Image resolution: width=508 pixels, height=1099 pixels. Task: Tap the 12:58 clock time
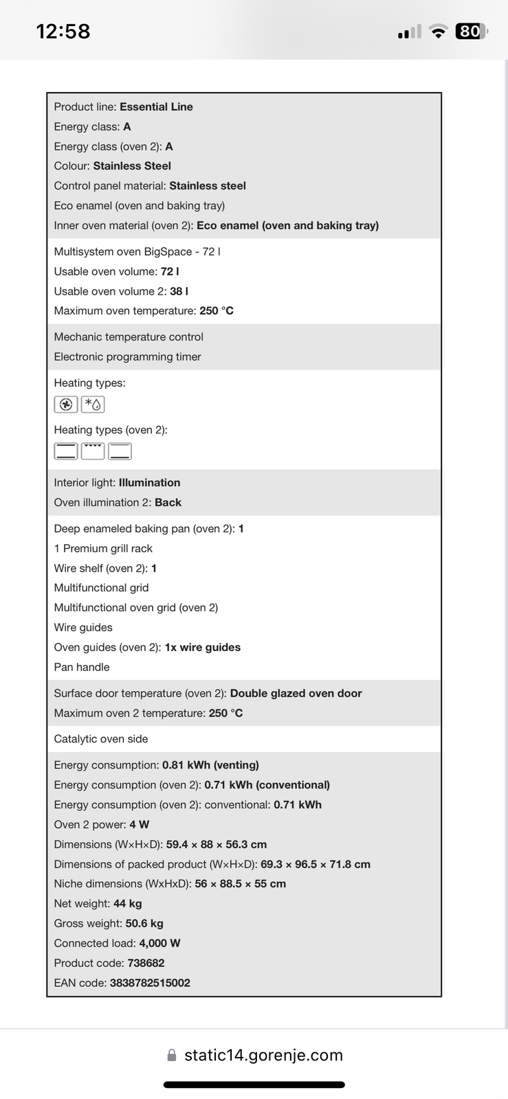pyautogui.click(x=63, y=31)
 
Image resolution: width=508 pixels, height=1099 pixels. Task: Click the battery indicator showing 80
pyautogui.click(x=471, y=31)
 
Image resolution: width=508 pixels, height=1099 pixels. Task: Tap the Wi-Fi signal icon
pyautogui.click(x=437, y=32)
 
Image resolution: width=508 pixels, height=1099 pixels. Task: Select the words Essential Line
pyautogui.click(x=156, y=106)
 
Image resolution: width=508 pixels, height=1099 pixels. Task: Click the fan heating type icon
pyautogui.click(x=65, y=405)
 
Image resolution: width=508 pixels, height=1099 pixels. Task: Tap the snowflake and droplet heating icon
pyautogui.click(x=93, y=405)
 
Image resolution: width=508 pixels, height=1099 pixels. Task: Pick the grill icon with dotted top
pyautogui.click(x=93, y=451)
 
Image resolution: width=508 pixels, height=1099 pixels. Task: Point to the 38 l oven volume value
pyautogui.click(x=179, y=291)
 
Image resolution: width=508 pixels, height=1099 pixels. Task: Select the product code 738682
pyautogui.click(x=146, y=963)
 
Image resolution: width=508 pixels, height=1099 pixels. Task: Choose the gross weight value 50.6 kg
pyautogui.click(x=144, y=923)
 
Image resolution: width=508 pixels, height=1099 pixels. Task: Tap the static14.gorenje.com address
pyautogui.click(x=263, y=1055)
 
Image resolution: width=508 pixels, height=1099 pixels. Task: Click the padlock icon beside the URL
pyautogui.click(x=172, y=1055)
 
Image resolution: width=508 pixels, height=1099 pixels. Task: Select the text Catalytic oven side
pyautogui.click(x=101, y=739)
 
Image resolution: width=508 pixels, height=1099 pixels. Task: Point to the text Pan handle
pyautogui.click(x=82, y=667)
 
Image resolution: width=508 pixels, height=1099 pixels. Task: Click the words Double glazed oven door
pyautogui.click(x=296, y=693)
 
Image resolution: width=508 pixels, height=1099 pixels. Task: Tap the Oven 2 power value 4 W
pyautogui.click(x=139, y=824)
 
